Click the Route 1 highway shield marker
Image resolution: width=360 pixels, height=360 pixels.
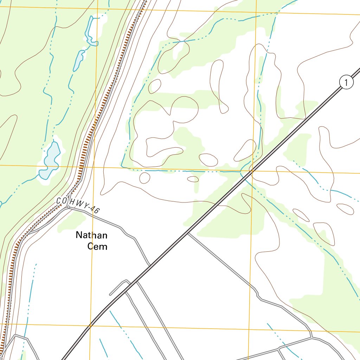tap(346, 83)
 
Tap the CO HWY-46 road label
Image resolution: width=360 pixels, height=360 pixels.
tap(78, 205)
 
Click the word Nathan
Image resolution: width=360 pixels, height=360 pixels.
tap(92, 235)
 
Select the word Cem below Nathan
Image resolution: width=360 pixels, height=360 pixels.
tap(97, 246)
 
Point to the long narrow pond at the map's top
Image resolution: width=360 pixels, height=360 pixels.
tap(90, 31)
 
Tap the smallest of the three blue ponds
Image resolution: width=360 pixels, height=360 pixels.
tap(78, 60)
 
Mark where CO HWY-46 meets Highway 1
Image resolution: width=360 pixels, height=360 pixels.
tap(150, 265)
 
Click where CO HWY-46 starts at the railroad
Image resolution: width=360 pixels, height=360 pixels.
tap(68, 207)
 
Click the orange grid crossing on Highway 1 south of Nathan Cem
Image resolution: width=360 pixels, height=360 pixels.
tap(90, 326)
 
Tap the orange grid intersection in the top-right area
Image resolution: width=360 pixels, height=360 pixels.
tap(256, 12)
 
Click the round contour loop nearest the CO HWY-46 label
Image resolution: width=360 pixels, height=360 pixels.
tap(144, 178)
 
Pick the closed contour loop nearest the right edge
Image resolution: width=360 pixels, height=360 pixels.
tap(345, 209)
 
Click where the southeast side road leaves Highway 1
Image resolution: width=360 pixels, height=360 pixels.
tap(188, 232)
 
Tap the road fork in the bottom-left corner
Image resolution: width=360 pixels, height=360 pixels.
tap(15, 336)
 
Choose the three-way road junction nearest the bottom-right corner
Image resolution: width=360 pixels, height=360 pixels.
tap(311, 337)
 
